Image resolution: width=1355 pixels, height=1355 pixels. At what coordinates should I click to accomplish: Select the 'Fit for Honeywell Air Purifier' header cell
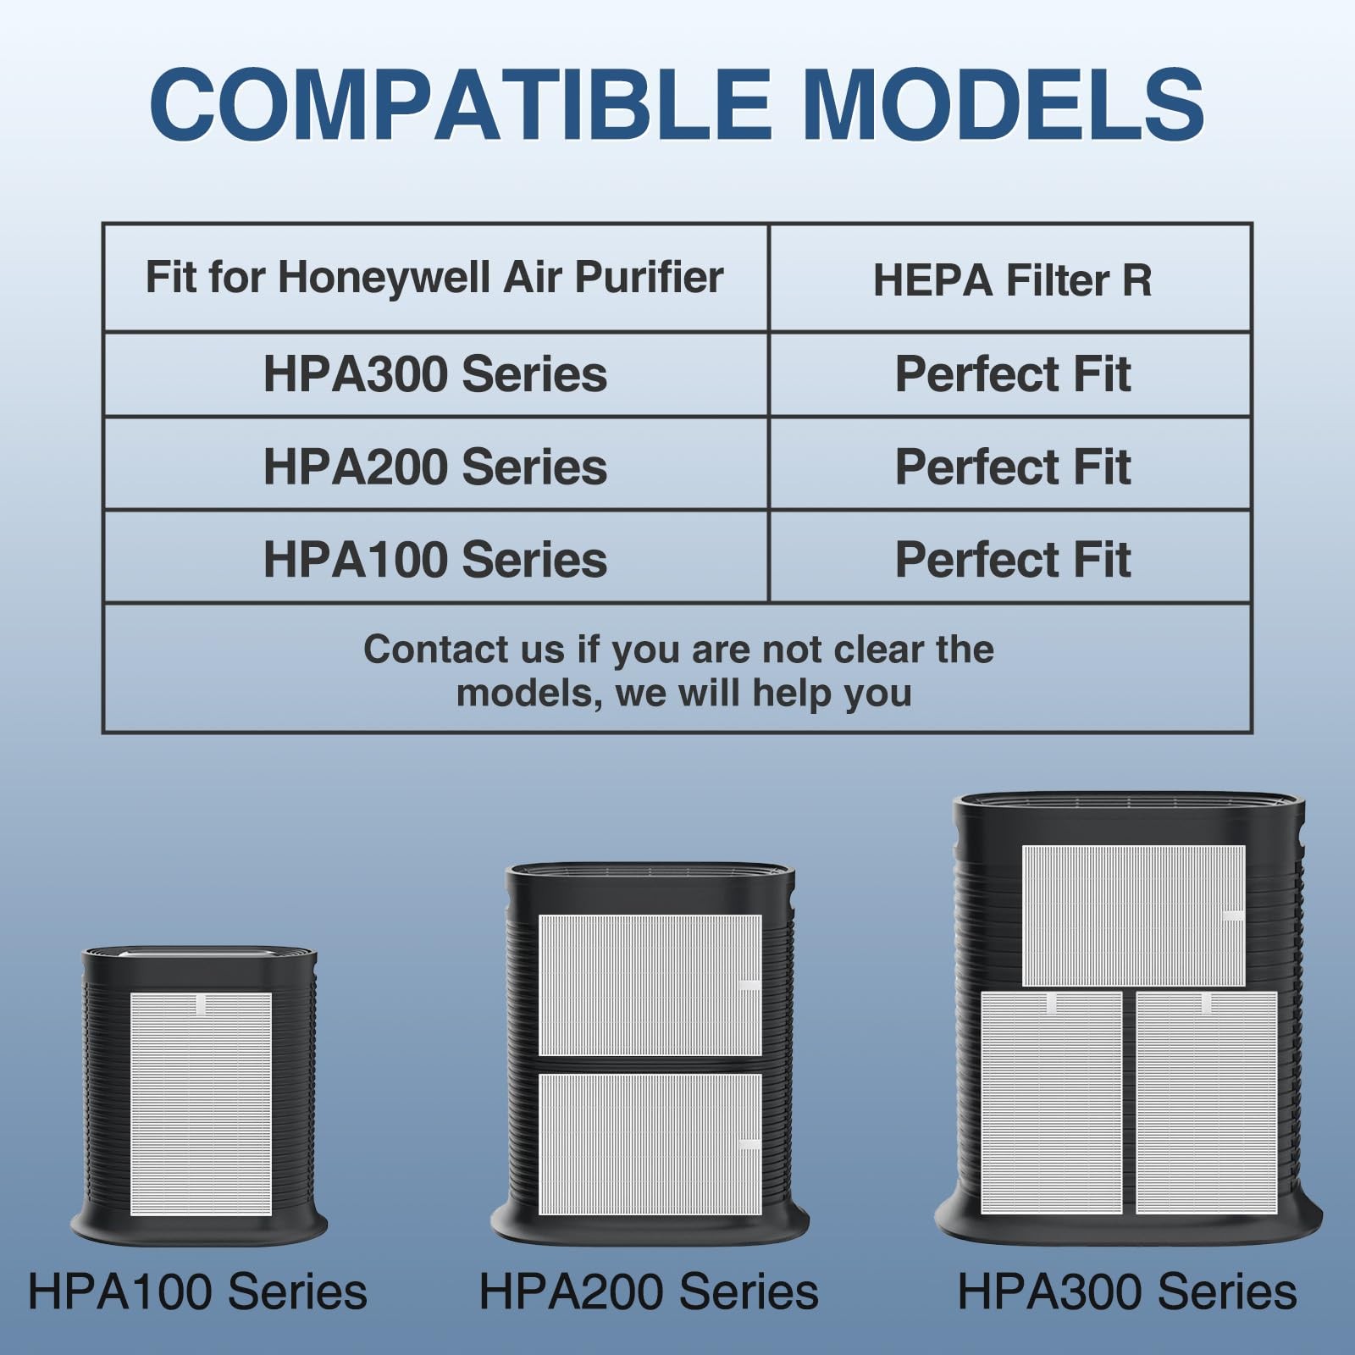(x=434, y=277)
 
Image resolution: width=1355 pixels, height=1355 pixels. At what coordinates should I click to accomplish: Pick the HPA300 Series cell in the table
(x=434, y=373)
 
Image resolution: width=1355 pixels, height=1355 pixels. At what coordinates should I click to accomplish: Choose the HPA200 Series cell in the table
(x=434, y=467)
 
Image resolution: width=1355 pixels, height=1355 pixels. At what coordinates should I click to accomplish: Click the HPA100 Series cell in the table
(x=434, y=560)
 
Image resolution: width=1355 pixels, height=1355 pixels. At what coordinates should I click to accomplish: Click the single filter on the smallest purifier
(x=201, y=1103)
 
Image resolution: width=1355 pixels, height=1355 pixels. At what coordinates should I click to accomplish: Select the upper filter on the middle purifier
(x=650, y=985)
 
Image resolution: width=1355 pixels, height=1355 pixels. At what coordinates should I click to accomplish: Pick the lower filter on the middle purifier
(x=650, y=1144)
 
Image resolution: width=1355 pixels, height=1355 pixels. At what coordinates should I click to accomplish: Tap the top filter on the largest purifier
(x=1133, y=915)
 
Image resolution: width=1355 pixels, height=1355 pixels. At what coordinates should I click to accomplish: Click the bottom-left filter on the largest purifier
(x=1051, y=1103)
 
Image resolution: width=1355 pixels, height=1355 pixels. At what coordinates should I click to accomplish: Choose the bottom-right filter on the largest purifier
(x=1206, y=1103)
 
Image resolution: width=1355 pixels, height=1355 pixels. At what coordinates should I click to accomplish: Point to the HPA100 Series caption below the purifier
(x=197, y=1291)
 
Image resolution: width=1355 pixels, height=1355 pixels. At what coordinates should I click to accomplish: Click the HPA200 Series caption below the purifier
(x=649, y=1291)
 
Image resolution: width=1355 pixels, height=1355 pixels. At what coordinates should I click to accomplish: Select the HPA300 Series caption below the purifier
(x=1126, y=1291)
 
